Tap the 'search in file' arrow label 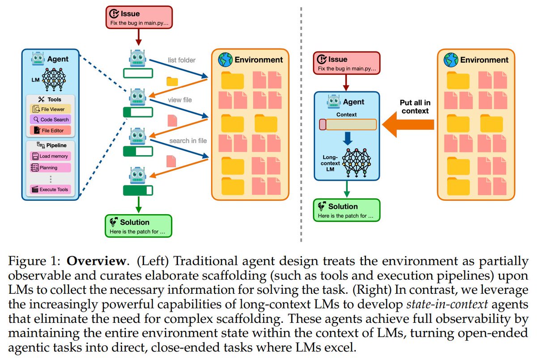pyautogui.click(x=188, y=140)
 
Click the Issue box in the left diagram pyautogui.click(x=139, y=17)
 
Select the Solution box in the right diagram pyautogui.click(x=346, y=211)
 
